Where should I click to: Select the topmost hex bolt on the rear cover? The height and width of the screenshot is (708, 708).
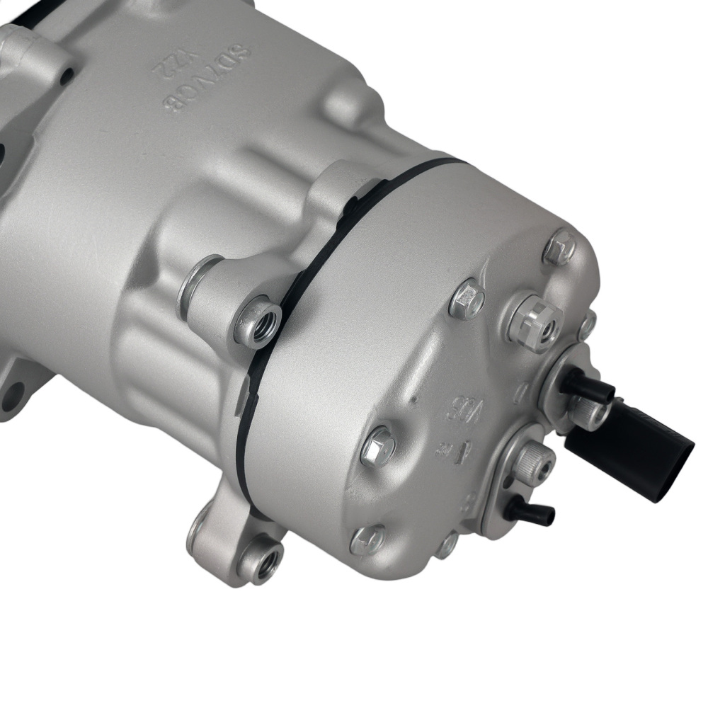tap(559, 248)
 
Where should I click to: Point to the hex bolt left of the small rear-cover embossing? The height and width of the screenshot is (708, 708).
tap(377, 446)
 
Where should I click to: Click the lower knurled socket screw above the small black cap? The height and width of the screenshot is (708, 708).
tap(532, 461)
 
